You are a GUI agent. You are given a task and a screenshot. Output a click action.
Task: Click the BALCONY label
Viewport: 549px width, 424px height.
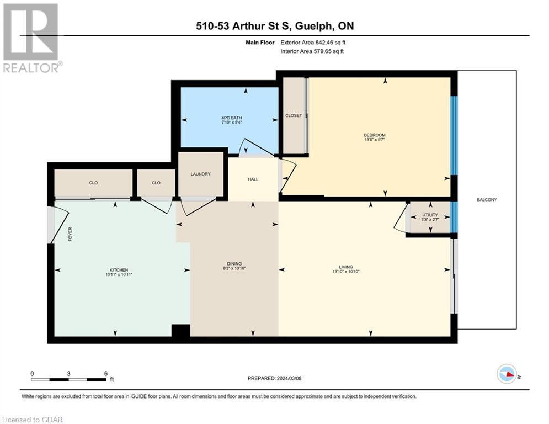pos(487,200)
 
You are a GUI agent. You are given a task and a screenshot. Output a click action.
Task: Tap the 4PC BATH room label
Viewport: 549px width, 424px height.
pos(232,118)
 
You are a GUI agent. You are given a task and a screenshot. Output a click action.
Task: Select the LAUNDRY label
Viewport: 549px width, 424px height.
pos(201,174)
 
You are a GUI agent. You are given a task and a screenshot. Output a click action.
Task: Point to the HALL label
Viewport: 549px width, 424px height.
pos(253,179)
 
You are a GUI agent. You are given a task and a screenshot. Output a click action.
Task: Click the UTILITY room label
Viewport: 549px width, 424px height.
pos(430,215)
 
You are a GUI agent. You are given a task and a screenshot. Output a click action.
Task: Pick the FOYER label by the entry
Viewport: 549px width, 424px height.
pos(70,234)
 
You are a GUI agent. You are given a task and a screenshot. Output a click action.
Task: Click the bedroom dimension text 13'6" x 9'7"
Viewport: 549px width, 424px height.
pos(375,140)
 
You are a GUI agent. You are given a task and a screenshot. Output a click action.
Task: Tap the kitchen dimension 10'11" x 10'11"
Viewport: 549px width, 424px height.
pos(119,275)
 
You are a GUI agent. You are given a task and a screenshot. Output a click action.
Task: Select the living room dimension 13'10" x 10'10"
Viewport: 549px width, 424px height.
pos(346,272)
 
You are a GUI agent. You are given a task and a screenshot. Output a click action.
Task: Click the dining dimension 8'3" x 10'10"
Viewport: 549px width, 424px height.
pos(234,268)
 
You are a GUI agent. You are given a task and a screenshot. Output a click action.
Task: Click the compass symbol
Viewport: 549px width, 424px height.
pos(507,374)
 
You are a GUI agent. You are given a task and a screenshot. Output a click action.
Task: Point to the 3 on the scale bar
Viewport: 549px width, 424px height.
pos(68,374)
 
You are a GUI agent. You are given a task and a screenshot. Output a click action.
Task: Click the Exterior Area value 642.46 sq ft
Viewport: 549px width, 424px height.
pos(331,43)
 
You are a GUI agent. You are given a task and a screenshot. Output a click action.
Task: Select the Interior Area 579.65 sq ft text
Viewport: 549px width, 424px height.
pos(312,51)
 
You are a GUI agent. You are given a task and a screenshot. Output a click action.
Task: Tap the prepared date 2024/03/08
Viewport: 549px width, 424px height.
pos(289,378)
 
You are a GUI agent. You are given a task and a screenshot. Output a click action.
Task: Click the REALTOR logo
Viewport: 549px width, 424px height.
pos(32,38)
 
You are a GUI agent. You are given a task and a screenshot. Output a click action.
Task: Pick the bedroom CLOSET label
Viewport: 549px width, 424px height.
pos(294,115)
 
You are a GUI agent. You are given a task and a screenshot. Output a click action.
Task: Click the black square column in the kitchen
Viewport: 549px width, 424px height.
pos(180,331)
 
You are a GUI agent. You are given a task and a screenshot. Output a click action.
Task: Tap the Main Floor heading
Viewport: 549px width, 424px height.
pos(260,43)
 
